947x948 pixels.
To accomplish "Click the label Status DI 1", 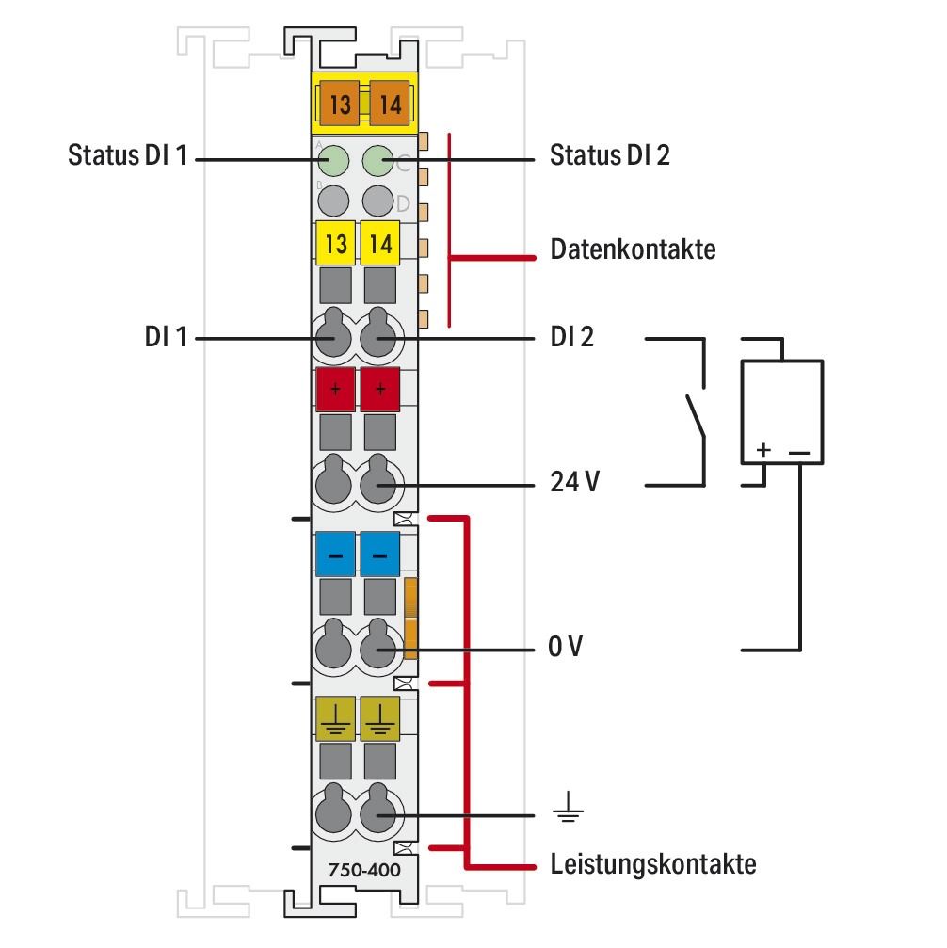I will tap(128, 155).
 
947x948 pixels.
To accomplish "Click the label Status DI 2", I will tap(609, 155).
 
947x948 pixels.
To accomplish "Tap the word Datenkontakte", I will tap(633, 250).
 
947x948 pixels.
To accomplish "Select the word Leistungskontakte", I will tap(652, 863).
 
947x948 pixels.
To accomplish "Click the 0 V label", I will tap(565, 649).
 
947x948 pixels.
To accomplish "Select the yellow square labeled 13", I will tap(334, 244).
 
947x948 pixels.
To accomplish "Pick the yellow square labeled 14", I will tap(380, 244).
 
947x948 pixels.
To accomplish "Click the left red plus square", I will tap(334, 389).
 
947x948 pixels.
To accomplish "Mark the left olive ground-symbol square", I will tap(334, 718).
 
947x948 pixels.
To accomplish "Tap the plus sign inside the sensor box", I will tap(763, 451).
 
